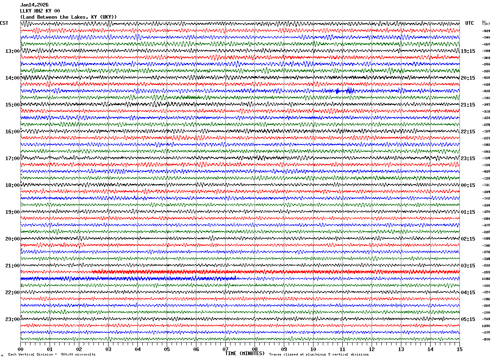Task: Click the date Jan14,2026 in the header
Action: (x=35, y=5)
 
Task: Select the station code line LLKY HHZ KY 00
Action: (x=40, y=11)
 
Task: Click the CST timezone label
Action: (x=4, y=23)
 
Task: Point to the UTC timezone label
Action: (x=470, y=23)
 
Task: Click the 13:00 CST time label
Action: (x=12, y=51)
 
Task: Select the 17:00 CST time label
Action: (x=12, y=158)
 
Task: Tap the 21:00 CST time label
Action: (x=12, y=266)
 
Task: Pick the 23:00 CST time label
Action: (x=12, y=319)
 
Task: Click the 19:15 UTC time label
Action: (x=468, y=51)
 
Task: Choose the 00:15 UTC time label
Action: (x=468, y=185)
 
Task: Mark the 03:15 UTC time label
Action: (x=468, y=266)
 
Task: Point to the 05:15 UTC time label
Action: (x=468, y=319)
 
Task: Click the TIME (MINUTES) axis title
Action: (x=245, y=353)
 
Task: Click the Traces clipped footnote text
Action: (x=319, y=354)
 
